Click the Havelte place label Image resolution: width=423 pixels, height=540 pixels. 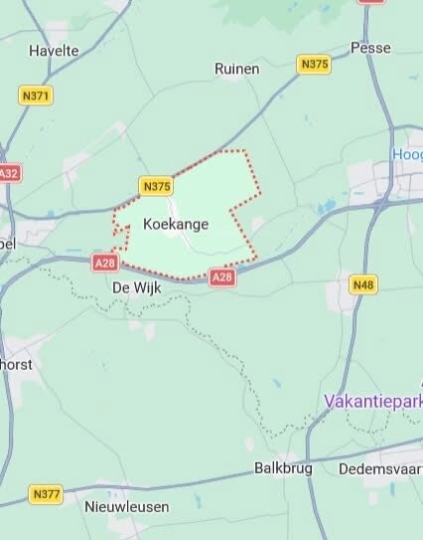click(x=54, y=50)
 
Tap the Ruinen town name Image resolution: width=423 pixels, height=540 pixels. click(x=237, y=69)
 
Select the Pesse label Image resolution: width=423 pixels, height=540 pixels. click(x=370, y=48)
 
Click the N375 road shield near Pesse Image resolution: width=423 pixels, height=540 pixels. click(x=314, y=64)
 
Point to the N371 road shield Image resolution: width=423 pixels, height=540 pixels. click(x=36, y=95)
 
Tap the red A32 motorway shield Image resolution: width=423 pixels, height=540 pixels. click(x=8, y=173)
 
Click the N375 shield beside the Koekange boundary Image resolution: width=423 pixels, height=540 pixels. click(x=157, y=186)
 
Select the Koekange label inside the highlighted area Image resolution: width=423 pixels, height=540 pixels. click(x=176, y=224)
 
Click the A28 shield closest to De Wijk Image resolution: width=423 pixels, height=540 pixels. click(x=105, y=263)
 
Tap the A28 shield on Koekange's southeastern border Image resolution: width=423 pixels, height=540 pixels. click(x=222, y=278)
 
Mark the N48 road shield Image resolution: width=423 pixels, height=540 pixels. click(x=363, y=285)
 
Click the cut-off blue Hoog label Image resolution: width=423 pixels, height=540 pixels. click(x=407, y=154)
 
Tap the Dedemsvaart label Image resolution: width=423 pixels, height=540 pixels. click(x=380, y=467)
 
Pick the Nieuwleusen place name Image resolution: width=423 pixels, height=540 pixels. click(x=126, y=506)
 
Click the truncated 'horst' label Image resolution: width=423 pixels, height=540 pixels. click(x=17, y=364)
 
